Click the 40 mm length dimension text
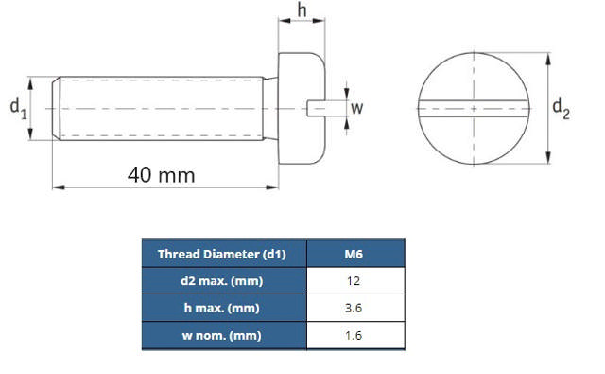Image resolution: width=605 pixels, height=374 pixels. point(163,175)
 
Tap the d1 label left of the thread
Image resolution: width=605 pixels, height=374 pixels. point(18,110)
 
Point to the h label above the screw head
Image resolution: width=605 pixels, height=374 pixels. point(302,10)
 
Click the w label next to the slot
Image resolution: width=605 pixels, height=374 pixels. point(356,109)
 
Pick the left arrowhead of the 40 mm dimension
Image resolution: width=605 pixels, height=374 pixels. point(56,187)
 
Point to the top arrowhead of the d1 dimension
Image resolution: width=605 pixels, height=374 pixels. point(33,80)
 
